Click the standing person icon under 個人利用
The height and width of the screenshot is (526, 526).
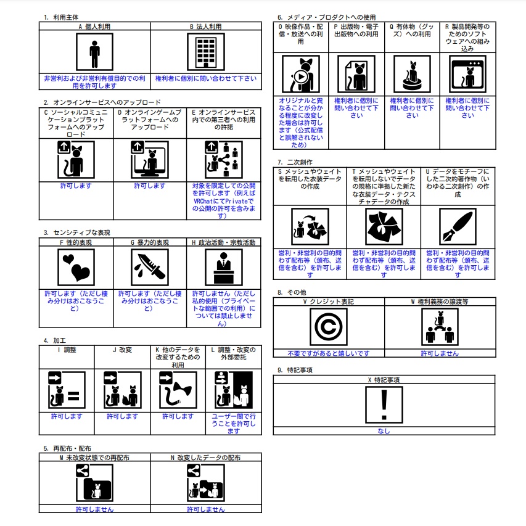[94, 52]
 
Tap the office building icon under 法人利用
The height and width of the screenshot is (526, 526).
[205, 52]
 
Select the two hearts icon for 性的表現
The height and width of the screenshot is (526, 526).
[76, 267]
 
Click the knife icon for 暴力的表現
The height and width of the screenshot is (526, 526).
[150, 267]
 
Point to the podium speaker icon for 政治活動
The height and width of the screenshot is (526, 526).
[224, 267]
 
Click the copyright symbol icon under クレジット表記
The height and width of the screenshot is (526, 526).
[329, 327]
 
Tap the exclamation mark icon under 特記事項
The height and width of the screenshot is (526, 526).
[384, 405]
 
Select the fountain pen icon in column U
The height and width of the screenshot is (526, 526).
[458, 226]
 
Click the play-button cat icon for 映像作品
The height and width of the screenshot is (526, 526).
[300, 74]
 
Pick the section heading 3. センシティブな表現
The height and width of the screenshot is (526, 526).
[77, 232]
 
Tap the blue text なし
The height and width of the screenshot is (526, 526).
[384, 431]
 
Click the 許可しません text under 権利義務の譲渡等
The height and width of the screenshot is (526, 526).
[440, 353]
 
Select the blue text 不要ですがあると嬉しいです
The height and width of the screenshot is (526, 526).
[329, 353]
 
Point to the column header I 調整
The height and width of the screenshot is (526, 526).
[67, 350]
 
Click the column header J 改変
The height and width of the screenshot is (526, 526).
[123, 350]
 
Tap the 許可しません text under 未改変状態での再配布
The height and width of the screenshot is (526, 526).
[94, 509]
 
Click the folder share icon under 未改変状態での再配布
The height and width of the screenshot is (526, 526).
[94, 483]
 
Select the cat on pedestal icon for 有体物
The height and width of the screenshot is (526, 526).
[412, 74]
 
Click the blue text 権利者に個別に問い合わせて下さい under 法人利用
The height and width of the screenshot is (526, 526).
[206, 78]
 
